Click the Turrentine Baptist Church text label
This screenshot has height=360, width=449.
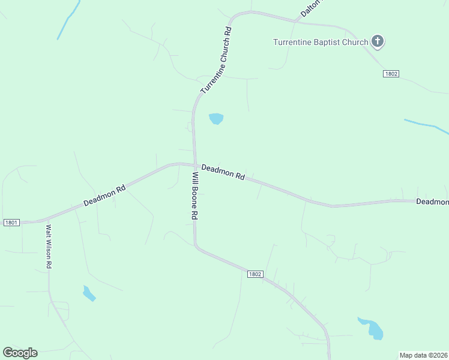pyautogui.click(x=320, y=42)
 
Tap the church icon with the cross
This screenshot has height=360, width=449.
pyautogui.click(x=377, y=41)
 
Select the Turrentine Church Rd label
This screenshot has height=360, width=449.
pyautogui.click(x=216, y=60)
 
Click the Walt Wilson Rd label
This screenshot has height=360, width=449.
pyautogui.click(x=49, y=246)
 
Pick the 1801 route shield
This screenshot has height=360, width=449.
pyautogui.click(x=11, y=222)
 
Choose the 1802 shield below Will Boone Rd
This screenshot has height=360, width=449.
pyautogui.click(x=255, y=274)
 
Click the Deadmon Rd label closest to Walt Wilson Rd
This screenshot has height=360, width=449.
pyautogui.click(x=104, y=196)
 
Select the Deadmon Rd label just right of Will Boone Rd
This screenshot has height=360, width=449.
pyautogui.click(x=223, y=172)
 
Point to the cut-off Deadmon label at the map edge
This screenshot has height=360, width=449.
pyautogui.click(x=432, y=202)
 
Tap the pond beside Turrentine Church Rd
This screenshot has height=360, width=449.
pyautogui.click(x=216, y=119)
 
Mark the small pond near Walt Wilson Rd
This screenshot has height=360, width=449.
pyautogui.click(x=89, y=293)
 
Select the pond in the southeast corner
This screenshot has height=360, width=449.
pyautogui.click(x=372, y=328)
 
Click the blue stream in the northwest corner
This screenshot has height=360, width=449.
pyautogui.click(x=68, y=20)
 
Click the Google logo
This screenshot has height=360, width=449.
pyautogui.click(x=20, y=353)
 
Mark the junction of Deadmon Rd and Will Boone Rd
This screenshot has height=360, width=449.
pyautogui.click(x=195, y=164)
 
